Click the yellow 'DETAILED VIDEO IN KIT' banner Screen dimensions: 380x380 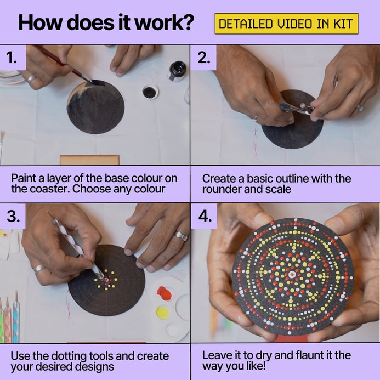[x=286, y=24]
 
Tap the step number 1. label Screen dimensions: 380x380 [x=12, y=58]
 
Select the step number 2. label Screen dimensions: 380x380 [x=204, y=58]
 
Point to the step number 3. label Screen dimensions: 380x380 [x=13, y=216]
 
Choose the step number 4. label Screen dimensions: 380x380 [x=205, y=216]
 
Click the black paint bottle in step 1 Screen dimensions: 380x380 [x=177, y=71]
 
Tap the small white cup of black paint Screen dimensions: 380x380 [x=150, y=92]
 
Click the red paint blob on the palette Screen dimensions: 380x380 [x=164, y=293]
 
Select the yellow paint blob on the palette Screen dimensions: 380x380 [x=163, y=313]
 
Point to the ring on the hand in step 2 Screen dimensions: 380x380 [x=359, y=108]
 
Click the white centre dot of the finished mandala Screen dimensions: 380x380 [x=292, y=275]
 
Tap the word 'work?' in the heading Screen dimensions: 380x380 [x=165, y=22]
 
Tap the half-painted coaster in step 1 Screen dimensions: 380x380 [x=95, y=107]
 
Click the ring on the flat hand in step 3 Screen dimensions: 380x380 [x=181, y=235]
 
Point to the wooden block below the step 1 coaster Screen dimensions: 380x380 [x=89, y=160]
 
